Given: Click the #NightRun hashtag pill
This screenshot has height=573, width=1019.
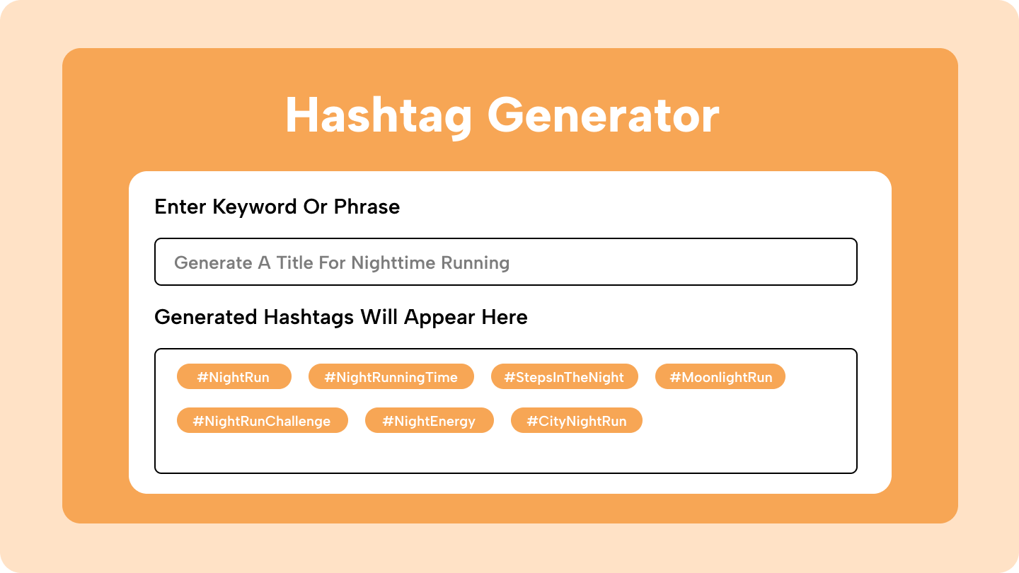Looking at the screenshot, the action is pyautogui.click(x=234, y=376).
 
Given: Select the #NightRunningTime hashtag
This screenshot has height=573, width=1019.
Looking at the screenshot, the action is pyautogui.click(x=391, y=376).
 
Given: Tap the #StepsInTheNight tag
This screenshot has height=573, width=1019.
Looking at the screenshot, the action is pyautogui.click(x=565, y=376).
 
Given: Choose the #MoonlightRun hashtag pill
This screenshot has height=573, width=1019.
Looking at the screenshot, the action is pyautogui.click(x=720, y=376).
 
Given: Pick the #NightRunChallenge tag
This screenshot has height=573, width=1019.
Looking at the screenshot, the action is pyautogui.click(x=263, y=420).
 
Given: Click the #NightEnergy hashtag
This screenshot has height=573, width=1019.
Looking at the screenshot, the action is pyautogui.click(x=430, y=420).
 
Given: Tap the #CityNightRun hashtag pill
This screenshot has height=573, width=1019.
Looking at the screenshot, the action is pyautogui.click(x=576, y=420).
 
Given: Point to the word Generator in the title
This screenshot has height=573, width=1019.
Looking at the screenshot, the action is pyautogui.click(x=603, y=115).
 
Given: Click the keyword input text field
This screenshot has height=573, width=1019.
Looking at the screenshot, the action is pyautogui.click(x=506, y=262).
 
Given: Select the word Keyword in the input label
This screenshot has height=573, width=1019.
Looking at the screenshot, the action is pyautogui.click(x=255, y=207).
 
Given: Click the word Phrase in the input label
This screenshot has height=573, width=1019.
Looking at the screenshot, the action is pyautogui.click(x=367, y=207).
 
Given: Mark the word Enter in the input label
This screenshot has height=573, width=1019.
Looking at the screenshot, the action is pyautogui.click(x=180, y=207).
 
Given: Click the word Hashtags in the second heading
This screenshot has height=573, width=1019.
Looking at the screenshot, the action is pyautogui.click(x=309, y=318).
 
